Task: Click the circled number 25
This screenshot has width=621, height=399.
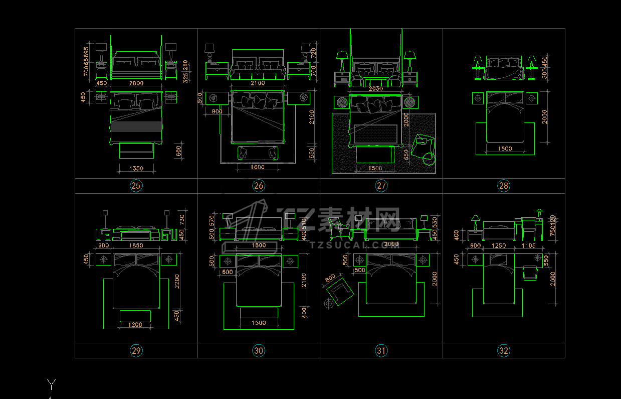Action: point(136,186)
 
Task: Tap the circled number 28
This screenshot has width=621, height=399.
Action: point(503,186)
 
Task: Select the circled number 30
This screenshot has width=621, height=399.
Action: point(259,351)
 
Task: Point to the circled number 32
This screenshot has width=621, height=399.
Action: point(503,351)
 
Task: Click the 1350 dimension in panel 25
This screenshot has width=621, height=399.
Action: point(136,169)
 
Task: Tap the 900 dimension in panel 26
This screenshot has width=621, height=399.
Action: point(217,111)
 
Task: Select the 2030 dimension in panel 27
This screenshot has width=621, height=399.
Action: point(375,88)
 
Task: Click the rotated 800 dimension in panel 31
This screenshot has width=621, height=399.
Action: point(330,278)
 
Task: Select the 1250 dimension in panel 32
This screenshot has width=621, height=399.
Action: point(499,246)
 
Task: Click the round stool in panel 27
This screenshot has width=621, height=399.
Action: point(429,159)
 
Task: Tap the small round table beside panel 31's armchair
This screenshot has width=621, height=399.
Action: point(329,304)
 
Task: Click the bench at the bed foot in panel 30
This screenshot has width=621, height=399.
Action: point(259,313)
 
